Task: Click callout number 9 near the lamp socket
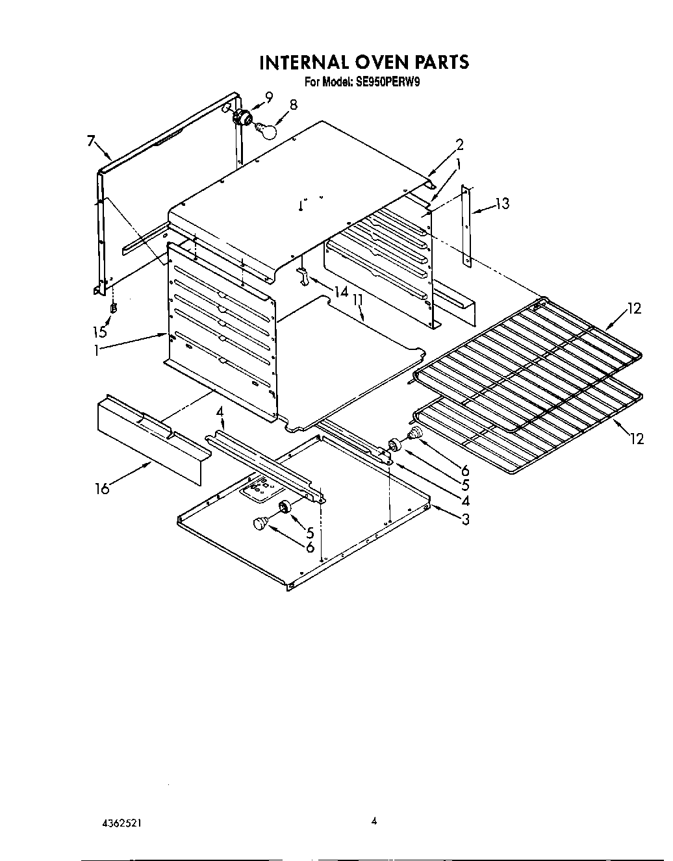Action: pyautogui.click(x=268, y=98)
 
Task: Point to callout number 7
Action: pyautogui.click(x=92, y=140)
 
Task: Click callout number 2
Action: pyautogui.click(x=459, y=145)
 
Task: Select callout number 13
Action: pyautogui.click(x=502, y=204)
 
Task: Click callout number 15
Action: pyautogui.click(x=99, y=332)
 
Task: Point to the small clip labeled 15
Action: pyautogui.click(x=114, y=308)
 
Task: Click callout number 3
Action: pyautogui.click(x=465, y=519)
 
